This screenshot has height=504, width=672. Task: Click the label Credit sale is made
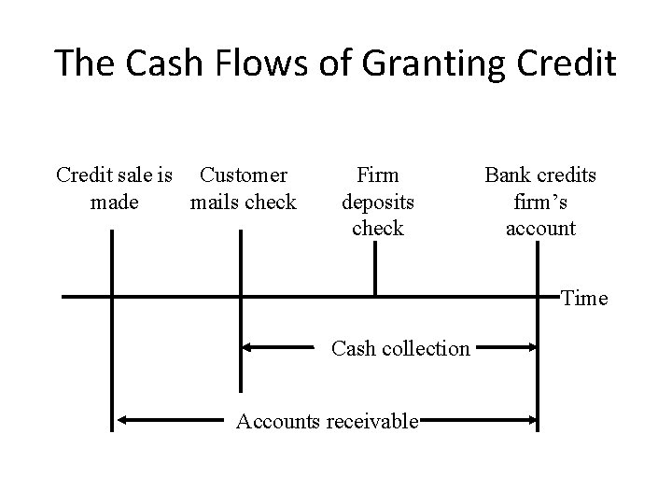click(114, 188)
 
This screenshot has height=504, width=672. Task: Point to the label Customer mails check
click(243, 188)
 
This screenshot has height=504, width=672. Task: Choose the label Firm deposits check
click(378, 201)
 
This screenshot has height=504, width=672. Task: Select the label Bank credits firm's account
click(540, 201)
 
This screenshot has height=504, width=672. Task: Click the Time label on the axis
click(584, 299)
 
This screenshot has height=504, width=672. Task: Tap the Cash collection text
click(401, 348)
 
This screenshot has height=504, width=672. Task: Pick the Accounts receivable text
click(327, 421)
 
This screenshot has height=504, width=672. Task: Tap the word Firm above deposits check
click(378, 175)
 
